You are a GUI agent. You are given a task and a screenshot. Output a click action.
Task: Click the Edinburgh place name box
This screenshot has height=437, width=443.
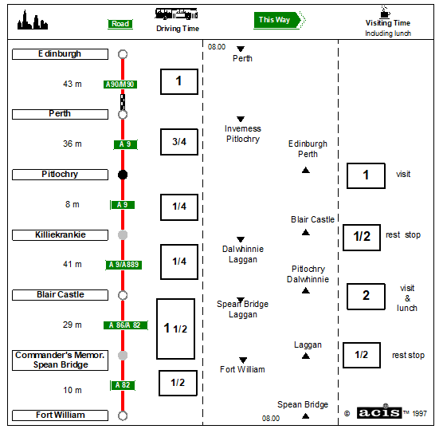click(60, 54)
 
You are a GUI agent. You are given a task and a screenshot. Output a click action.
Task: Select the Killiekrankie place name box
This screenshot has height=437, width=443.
click(60, 235)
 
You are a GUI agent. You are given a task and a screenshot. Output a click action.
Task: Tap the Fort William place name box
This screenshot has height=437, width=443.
click(60, 415)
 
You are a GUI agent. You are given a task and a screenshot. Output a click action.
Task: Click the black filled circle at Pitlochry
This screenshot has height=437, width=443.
click(123, 175)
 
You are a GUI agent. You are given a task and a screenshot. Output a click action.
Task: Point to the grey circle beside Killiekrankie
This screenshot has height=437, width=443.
click(123, 234)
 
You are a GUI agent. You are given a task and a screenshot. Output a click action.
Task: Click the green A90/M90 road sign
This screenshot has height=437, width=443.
click(120, 85)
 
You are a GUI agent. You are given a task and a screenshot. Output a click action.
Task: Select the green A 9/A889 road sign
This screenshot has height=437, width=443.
click(123, 265)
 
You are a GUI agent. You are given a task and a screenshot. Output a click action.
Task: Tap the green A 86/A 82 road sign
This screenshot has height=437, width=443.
click(125, 325)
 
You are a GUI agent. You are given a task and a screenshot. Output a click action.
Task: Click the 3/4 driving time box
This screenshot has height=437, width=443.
click(179, 142)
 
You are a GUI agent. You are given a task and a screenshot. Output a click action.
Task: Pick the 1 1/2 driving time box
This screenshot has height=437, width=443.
click(176, 329)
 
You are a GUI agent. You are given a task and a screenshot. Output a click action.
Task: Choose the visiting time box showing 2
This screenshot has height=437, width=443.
click(366, 297)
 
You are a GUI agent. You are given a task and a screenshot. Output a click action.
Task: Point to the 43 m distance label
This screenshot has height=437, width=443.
click(73, 84)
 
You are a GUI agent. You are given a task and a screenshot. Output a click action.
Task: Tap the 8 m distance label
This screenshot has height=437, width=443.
click(73, 204)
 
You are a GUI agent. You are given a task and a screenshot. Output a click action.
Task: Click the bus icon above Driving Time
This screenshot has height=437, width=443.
click(176, 14)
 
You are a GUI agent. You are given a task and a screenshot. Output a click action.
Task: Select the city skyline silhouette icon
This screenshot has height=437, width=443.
click(32, 21)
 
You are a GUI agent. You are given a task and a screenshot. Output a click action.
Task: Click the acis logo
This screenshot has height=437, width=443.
click(379, 412)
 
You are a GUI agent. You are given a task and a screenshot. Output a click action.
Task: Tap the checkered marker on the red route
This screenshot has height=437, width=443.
click(123, 102)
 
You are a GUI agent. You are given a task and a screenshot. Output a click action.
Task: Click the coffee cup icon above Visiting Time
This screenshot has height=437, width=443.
click(385, 12)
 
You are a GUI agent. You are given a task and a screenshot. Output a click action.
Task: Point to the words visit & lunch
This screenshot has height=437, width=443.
click(407, 298)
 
